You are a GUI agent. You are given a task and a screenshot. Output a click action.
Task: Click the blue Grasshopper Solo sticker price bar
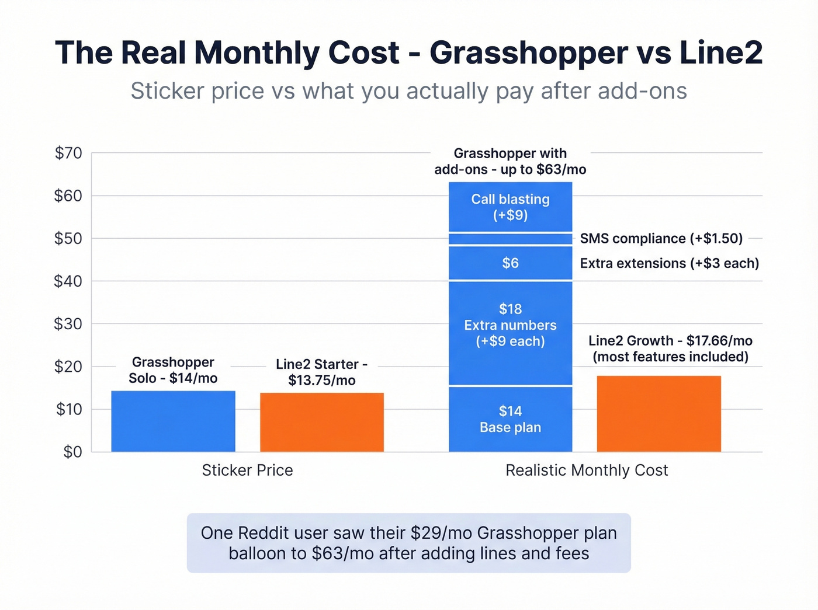point(173,421)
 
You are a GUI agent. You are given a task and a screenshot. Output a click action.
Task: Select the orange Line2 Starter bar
point(322,422)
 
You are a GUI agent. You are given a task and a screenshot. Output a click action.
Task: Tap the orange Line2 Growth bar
point(658,414)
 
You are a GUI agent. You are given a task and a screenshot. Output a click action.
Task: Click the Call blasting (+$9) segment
point(510,207)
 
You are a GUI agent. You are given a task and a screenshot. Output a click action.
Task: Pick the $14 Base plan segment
point(510,419)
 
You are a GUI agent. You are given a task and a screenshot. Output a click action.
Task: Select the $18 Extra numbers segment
point(510,333)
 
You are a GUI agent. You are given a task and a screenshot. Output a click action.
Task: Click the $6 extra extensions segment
point(510,263)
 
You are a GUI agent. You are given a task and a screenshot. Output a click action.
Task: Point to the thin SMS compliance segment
point(510,239)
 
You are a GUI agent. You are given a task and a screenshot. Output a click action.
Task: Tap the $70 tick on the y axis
point(68,153)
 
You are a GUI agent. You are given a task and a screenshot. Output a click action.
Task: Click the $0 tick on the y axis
point(72,452)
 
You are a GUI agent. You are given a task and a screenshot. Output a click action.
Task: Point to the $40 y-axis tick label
point(68,281)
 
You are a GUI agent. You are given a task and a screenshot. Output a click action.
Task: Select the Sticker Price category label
point(247,470)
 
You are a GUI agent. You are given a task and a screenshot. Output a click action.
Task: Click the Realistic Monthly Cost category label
point(587,470)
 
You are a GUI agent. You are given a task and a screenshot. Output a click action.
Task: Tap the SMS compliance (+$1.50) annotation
point(661,239)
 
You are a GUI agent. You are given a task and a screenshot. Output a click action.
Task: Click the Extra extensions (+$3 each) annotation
point(669,263)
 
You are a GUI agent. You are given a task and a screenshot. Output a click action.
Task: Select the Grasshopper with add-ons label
point(510,161)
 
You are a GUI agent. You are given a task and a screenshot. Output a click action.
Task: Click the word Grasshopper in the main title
point(528,53)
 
